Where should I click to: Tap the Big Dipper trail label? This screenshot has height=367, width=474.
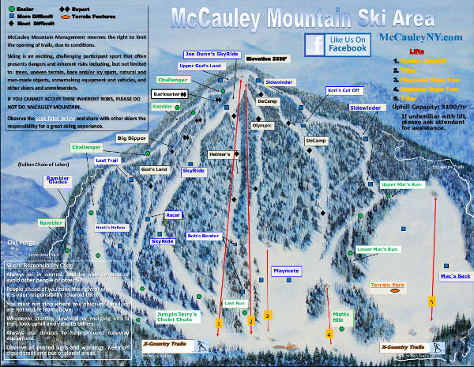point(134,138)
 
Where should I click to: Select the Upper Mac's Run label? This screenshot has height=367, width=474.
point(403,184)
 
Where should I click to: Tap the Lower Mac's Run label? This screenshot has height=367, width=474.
point(379,249)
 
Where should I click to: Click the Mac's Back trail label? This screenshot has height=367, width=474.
point(454,275)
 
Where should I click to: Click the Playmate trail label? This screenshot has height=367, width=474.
point(286,271)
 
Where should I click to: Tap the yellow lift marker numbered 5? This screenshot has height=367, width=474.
point(431,301)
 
